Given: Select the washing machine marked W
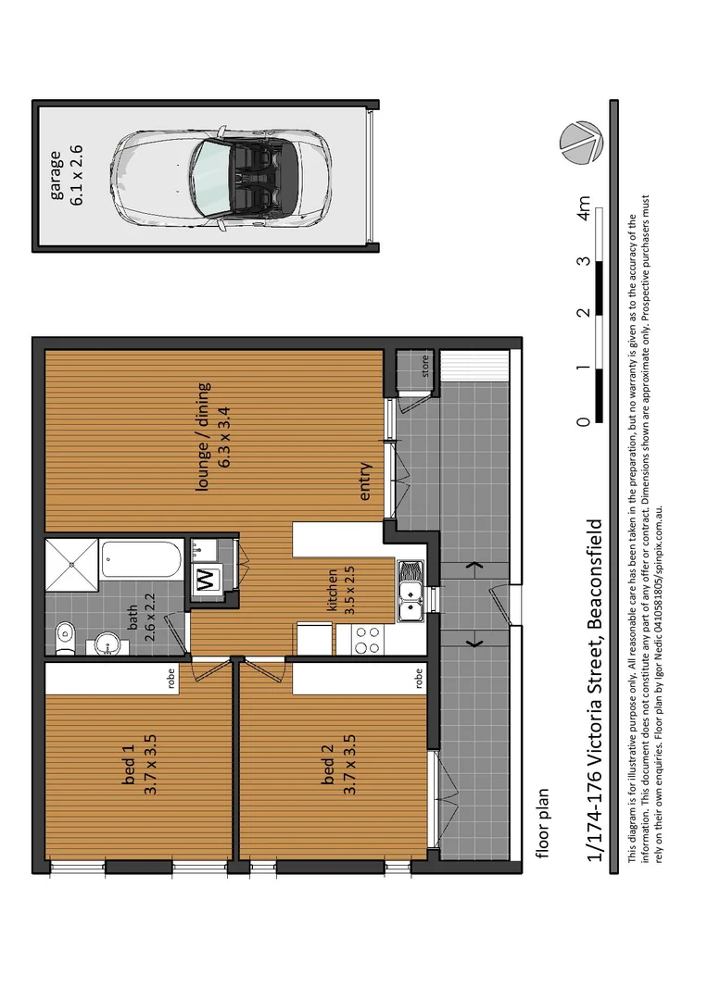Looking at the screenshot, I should (x=204, y=581).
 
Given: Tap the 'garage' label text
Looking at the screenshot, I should (x=57, y=174).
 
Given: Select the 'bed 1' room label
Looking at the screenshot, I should (x=129, y=767).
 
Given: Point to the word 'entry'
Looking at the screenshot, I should (x=365, y=481).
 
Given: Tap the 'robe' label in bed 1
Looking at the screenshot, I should (x=171, y=681).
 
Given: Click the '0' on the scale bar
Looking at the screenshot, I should (x=584, y=422).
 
